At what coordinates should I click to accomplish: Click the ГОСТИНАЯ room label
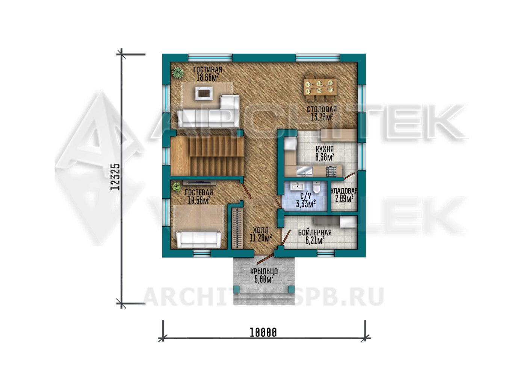(207, 70)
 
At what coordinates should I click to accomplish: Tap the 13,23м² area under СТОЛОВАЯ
(322, 117)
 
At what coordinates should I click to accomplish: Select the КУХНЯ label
(325, 149)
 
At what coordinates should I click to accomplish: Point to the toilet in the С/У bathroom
(316, 187)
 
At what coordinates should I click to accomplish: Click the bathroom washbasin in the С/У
(297, 186)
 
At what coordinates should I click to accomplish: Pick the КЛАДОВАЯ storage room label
(344, 191)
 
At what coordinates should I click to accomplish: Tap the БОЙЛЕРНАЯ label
(315, 233)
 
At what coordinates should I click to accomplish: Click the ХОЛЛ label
(261, 230)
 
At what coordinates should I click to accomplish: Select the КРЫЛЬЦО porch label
(264, 271)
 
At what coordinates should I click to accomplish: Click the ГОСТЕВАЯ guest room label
(199, 192)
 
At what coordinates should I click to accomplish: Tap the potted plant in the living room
(178, 72)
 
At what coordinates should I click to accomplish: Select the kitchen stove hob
(331, 171)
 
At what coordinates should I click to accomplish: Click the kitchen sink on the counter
(304, 171)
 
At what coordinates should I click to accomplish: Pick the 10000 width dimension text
(263, 333)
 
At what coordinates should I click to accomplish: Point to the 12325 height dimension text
(115, 177)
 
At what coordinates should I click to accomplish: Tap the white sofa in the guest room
(199, 239)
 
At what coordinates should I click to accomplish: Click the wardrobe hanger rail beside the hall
(237, 228)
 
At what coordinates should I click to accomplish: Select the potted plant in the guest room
(176, 187)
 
